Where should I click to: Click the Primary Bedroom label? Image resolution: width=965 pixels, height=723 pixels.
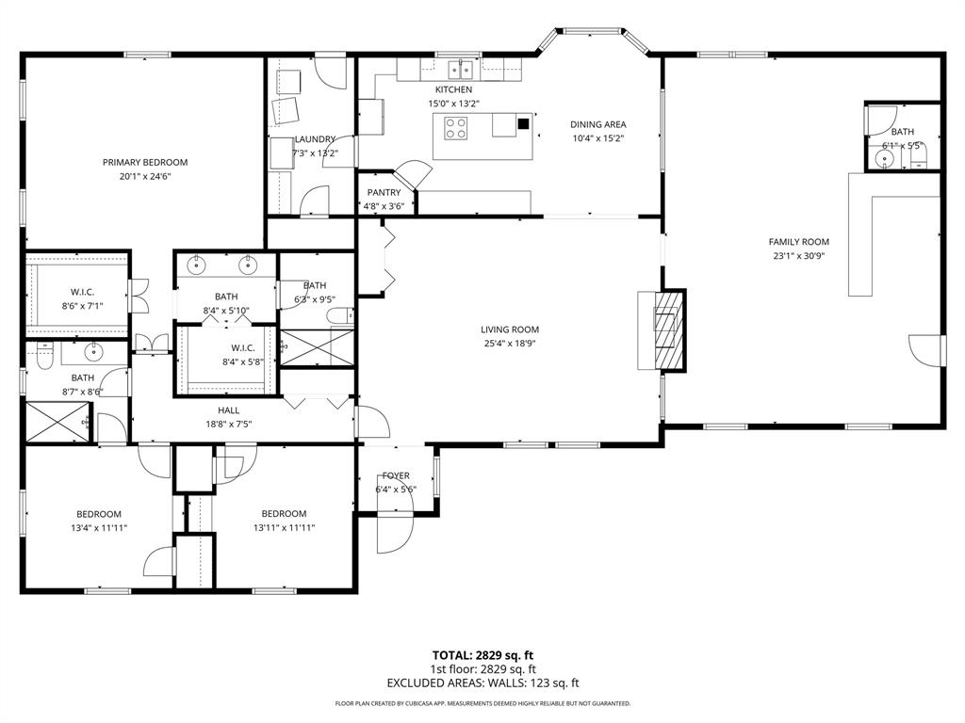[145, 162]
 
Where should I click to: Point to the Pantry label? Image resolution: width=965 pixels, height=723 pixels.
[384, 193]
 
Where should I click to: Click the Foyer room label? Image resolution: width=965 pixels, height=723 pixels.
[396, 475]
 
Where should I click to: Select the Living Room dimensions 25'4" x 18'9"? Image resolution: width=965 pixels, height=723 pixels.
[509, 343]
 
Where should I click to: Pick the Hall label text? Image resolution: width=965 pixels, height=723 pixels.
[228, 410]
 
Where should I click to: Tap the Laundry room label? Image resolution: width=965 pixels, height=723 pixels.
[315, 139]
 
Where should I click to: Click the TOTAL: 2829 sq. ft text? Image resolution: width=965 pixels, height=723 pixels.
[482, 654]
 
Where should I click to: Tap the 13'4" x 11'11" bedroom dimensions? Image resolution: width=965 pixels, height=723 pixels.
[99, 527]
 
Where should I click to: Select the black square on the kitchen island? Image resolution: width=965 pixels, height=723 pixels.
[524, 122]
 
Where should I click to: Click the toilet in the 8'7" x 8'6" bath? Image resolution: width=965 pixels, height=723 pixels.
[42, 358]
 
